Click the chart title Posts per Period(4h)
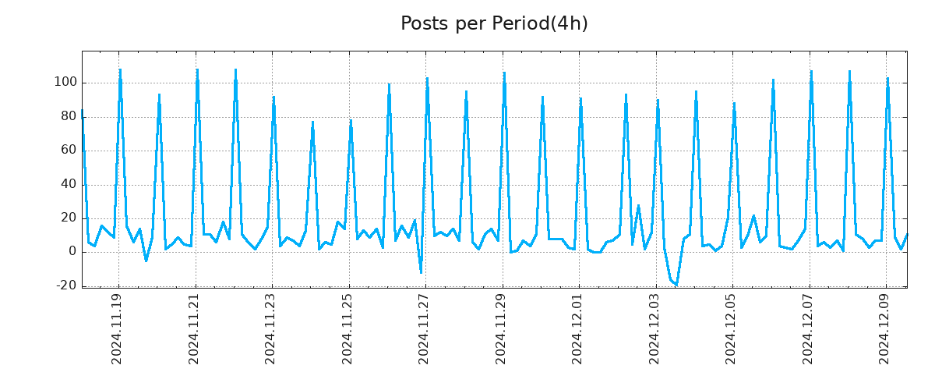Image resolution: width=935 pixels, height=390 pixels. (x=494, y=23)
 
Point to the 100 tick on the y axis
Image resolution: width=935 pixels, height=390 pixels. (x=65, y=83)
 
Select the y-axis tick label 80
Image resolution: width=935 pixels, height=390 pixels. (x=68, y=116)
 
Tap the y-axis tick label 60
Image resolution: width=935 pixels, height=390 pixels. (x=68, y=150)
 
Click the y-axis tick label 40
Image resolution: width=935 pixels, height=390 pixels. (x=68, y=184)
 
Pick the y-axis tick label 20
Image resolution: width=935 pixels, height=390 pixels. (x=68, y=218)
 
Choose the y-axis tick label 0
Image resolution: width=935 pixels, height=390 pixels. (x=71, y=251)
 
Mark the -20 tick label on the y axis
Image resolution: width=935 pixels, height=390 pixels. (x=65, y=285)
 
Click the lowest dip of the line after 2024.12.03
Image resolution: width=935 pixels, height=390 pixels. (x=676, y=285)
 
